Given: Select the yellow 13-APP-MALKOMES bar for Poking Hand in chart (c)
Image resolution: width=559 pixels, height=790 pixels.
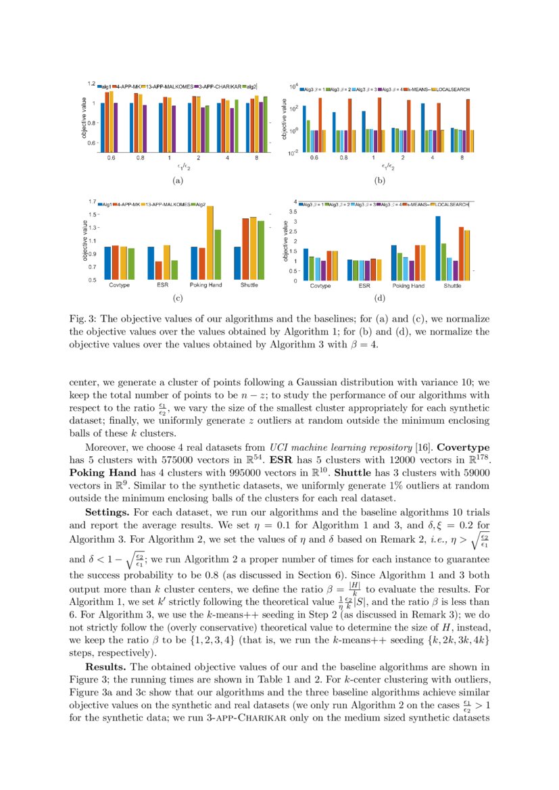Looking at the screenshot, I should pyautogui.click(x=210, y=242).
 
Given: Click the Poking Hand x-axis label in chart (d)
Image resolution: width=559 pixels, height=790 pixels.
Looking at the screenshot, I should pyautogui.click(x=408, y=286).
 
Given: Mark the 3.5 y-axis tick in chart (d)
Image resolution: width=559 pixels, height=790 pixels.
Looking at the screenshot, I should pyautogui.click(x=293, y=212).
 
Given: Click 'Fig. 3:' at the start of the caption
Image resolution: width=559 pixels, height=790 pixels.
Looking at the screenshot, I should pyautogui.click(x=82, y=318).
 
